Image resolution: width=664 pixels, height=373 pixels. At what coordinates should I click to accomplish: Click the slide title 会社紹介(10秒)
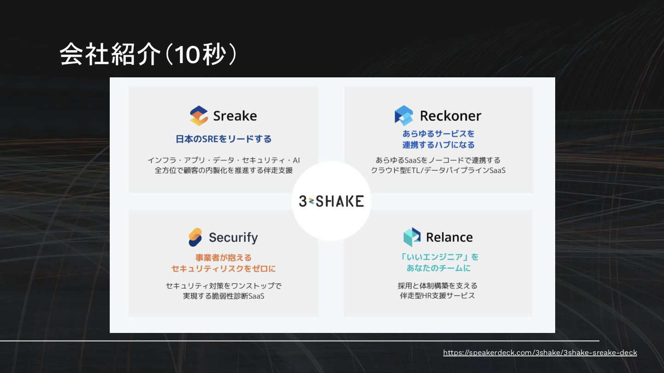[148, 54]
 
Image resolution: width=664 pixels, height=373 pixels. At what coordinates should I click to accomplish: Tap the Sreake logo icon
[199, 116]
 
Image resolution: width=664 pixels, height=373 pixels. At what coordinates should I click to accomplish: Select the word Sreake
[235, 116]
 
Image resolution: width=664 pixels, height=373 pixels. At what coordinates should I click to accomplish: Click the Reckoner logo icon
[404, 116]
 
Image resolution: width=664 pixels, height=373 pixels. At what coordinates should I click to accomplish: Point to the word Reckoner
[451, 116]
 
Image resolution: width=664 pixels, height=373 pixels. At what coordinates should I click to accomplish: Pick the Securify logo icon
[196, 238]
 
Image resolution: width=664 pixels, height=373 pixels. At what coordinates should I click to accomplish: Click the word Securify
[233, 238]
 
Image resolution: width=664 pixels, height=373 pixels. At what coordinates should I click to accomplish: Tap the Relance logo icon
[412, 237]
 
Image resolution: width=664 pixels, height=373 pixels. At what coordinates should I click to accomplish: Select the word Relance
[449, 237]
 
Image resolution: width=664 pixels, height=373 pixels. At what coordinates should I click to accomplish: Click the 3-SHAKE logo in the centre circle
[331, 201]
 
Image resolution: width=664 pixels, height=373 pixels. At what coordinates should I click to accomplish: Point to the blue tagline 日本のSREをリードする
[224, 139]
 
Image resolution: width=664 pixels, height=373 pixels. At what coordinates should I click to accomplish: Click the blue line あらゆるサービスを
[438, 134]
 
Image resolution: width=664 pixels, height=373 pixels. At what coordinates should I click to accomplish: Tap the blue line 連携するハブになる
[438, 145]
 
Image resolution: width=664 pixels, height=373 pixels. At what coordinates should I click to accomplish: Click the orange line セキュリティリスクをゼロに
[223, 268]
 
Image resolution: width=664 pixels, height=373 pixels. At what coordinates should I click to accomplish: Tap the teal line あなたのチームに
[438, 268]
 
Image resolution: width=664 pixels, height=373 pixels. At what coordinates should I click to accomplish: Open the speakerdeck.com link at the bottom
[540, 353]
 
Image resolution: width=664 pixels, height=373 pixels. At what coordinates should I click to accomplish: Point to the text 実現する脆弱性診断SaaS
[223, 296]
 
